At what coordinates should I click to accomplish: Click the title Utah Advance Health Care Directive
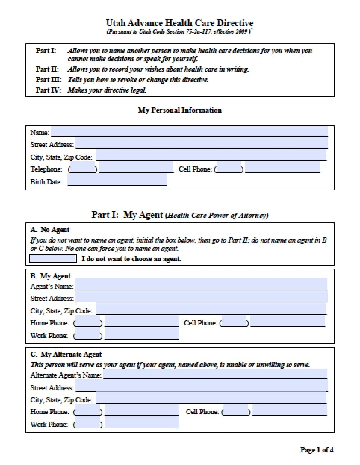tap(180, 23)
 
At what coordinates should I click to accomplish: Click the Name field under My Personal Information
tap(189, 132)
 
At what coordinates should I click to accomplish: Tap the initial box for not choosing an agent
tap(53, 258)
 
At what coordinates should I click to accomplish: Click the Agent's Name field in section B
tap(201, 285)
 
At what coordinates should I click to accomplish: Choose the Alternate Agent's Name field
tap(215, 374)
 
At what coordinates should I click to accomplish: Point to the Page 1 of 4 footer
tap(317, 450)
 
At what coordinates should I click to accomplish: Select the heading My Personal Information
tap(180, 110)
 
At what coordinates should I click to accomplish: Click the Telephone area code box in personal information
tap(83, 169)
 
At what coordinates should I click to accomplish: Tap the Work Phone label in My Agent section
tap(49, 336)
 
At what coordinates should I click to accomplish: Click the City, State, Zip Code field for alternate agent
tap(211, 399)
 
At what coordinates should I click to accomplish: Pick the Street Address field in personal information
tap(202, 144)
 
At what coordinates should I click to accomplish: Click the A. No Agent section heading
tap(50, 230)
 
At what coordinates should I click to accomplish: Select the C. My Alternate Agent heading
tap(66, 354)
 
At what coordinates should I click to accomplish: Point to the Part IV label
tap(48, 90)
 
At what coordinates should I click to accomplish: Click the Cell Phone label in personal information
tap(195, 169)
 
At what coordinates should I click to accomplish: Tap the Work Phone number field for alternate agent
tap(142, 424)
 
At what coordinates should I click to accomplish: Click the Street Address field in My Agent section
tap(202, 297)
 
